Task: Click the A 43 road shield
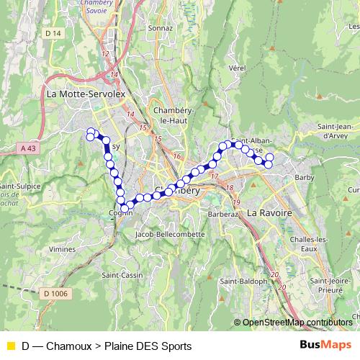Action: pos(27,148)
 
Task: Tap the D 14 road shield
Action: pos(52,34)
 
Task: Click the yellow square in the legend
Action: pos(9,346)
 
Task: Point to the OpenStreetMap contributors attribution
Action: pos(297,322)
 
